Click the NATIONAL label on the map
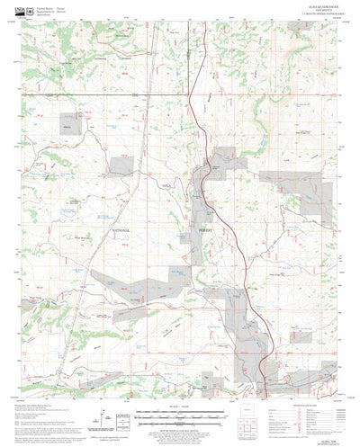point(121,231)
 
